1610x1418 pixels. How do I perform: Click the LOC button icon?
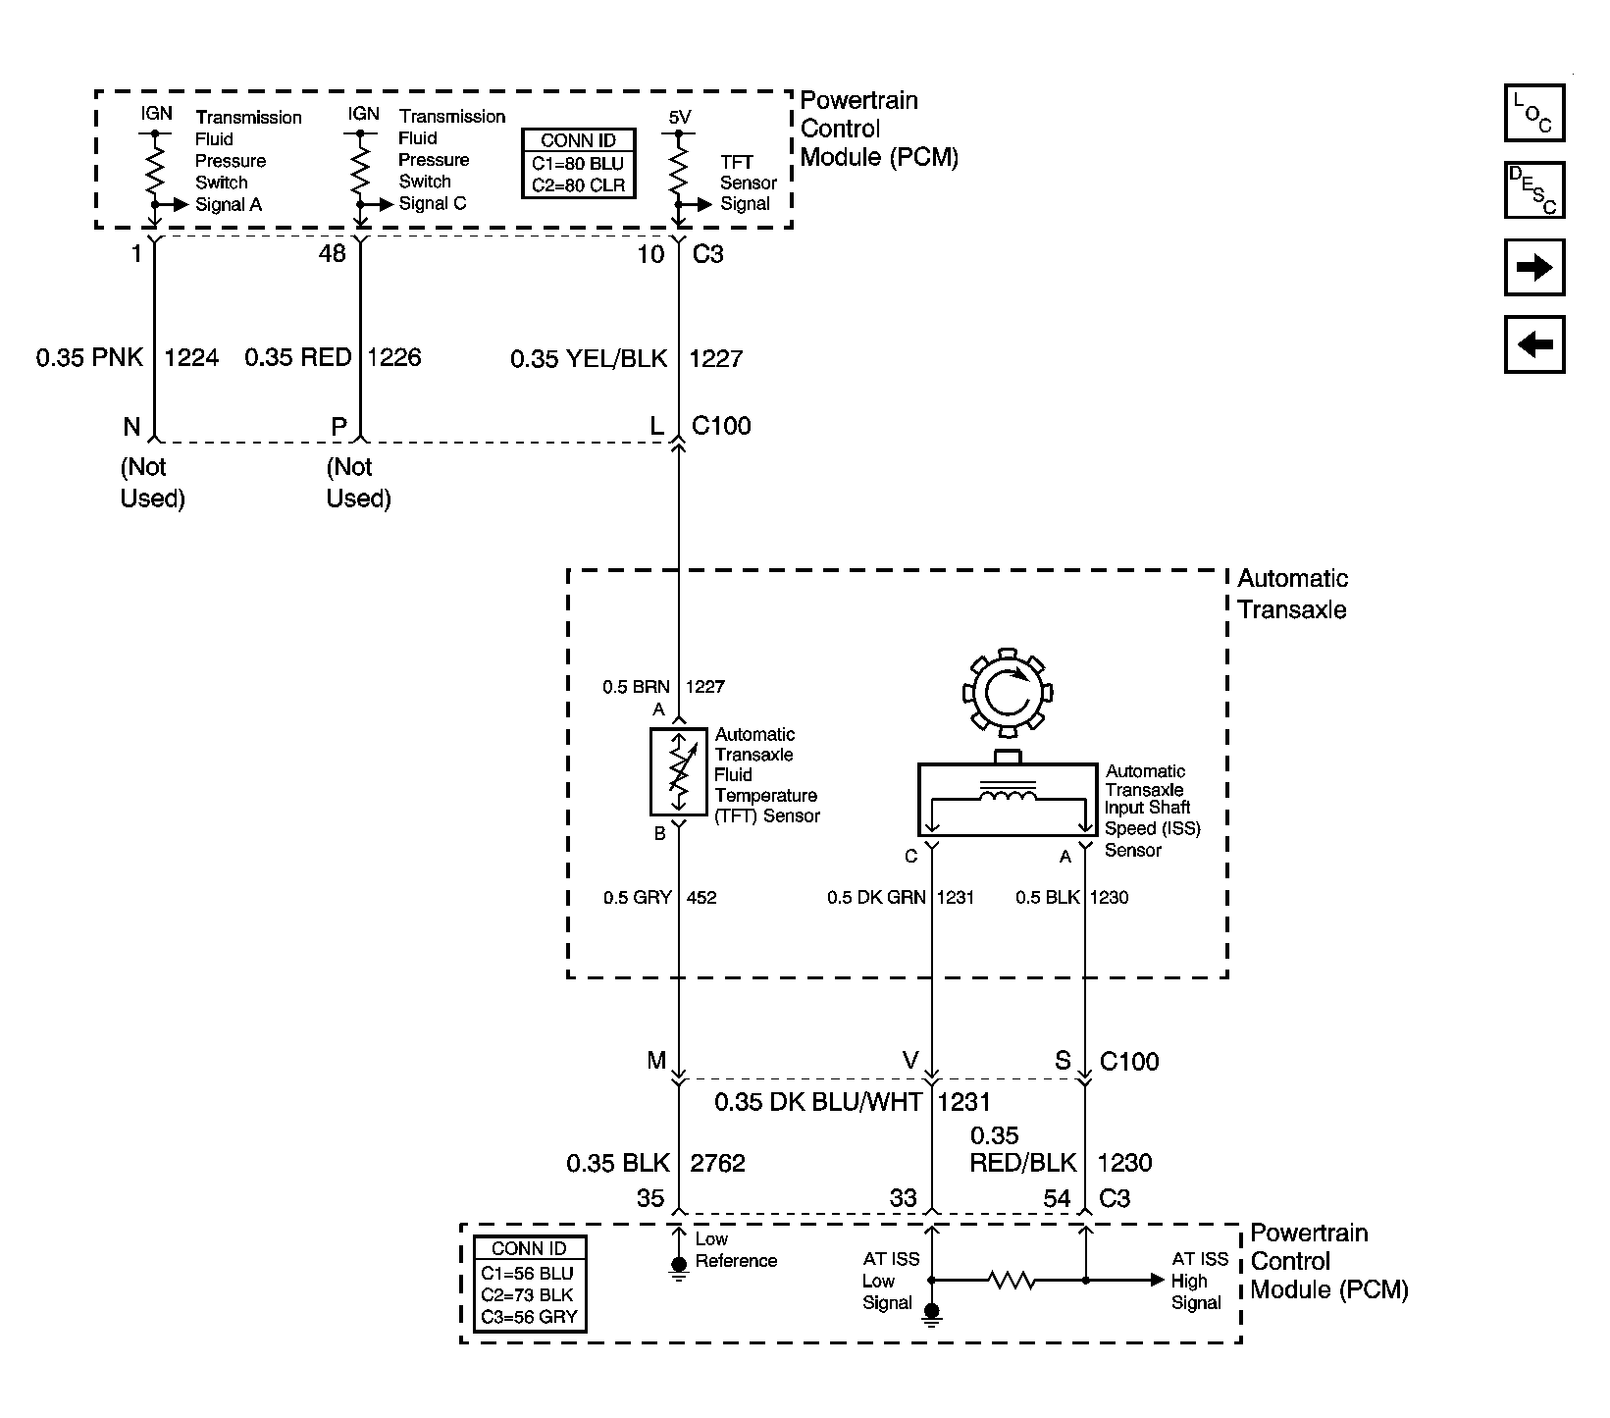pyautogui.click(x=1533, y=113)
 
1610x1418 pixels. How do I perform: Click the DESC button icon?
pyautogui.click(x=1533, y=189)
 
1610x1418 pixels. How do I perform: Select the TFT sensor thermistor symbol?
pyautogui.click(x=678, y=772)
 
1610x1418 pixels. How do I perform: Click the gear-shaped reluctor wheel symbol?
pyautogui.click(x=1008, y=693)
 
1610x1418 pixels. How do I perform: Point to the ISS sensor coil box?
pyautogui.click(x=1007, y=800)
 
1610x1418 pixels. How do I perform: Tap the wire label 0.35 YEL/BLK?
pyautogui.click(x=589, y=359)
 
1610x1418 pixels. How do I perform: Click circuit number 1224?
pyautogui.click(x=191, y=357)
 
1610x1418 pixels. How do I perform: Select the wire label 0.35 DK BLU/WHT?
pyautogui.click(x=817, y=1102)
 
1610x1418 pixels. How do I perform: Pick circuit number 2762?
pyautogui.click(x=717, y=1164)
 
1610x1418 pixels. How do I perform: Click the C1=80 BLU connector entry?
pyautogui.click(x=578, y=164)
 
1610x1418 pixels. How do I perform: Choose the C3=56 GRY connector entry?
pyautogui.click(x=529, y=1317)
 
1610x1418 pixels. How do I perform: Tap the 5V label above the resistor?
pyautogui.click(x=680, y=118)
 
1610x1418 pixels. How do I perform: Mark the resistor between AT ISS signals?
pyautogui.click(x=1010, y=1280)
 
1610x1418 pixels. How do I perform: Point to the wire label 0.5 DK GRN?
pyautogui.click(x=876, y=897)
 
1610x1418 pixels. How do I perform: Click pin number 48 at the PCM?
pyautogui.click(x=333, y=253)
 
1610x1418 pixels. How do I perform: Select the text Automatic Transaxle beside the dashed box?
pyautogui.click(x=1292, y=594)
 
